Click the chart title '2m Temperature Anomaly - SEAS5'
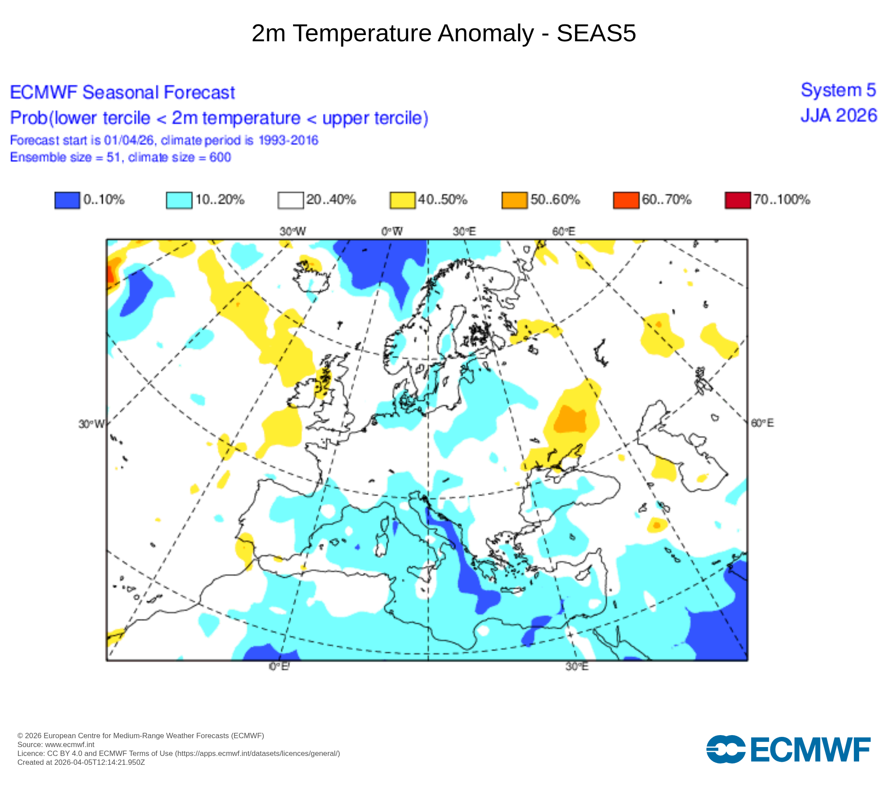click(x=444, y=33)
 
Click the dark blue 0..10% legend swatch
click(x=67, y=200)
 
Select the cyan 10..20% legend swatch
click(x=179, y=200)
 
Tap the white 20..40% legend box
click(x=291, y=200)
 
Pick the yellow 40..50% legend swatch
click(x=403, y=200)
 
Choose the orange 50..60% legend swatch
click(x=515, y=200)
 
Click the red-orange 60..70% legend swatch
click(x=626, y=200)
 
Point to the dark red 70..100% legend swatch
click(x=738, y=200)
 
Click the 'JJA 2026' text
click(x=839, y=116)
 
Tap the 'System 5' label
click(x=838, y=90)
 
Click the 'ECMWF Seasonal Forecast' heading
click(x=123, y=92)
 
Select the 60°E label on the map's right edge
click(x=762, y=423)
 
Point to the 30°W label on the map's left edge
click(x=91, y=424)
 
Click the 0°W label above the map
click(x=392, y=231)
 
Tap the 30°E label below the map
click(x=577, y=667)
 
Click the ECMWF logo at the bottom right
click(x=788, y=750)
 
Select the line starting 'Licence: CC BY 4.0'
click(x=178, y=753)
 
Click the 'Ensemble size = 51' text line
click(x=120, y=158)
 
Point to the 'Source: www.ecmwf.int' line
click(x=56, y=744)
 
